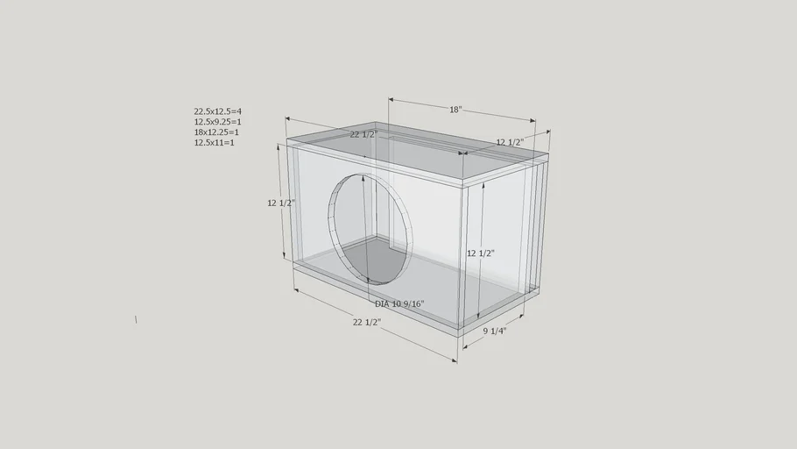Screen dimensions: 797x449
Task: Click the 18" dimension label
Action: click(455, 110)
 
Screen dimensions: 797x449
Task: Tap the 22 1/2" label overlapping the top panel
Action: click(364, 134)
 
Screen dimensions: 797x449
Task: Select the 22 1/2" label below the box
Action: click(367, 322)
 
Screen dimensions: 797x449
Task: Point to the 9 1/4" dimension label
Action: click(495, 331)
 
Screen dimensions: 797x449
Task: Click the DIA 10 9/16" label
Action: click(399, 304)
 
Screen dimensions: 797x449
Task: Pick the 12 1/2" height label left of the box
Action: click(281, 203)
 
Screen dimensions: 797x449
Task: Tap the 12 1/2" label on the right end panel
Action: click(481, 253)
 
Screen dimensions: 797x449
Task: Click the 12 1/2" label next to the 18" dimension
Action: click(510, 142)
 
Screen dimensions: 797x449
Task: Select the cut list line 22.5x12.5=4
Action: click(217, 111)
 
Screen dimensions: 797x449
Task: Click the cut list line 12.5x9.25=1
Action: click(217, 122)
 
